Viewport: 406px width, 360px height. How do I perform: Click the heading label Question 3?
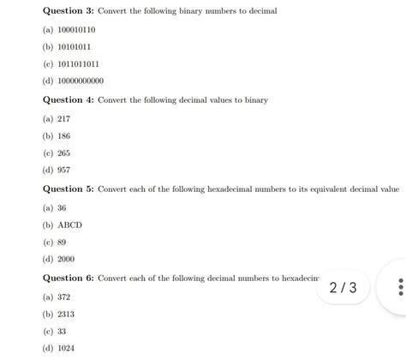click(x=69, y=11)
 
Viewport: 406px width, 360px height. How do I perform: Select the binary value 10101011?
click(x=74, y=46)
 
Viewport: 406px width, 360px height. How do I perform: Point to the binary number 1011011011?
click(x=78, y=63)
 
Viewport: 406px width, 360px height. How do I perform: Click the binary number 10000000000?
click(x=81, y=81)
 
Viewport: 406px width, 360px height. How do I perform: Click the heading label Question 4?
click(x=69, y=100)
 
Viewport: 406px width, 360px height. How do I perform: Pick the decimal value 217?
click(x=64, y=118)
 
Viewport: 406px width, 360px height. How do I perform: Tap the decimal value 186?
click(x=64, y=135)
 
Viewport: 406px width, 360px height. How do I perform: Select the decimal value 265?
click(x=64, y=153)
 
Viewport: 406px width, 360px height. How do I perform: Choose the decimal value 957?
click(x=64, y=170)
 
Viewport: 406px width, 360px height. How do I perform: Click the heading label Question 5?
click(x=69, y=189)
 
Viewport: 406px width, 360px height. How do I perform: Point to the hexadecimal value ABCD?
click(x=70, y=225)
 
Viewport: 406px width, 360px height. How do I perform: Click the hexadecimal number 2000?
click(x=66, y=259)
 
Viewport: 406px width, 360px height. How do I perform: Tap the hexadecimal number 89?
click(x=62, y=242)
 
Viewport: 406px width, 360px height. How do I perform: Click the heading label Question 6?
click(x=69, y=279)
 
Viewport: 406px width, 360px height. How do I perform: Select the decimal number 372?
click(x=64, y=297)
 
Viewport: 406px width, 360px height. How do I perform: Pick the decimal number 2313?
click(x=66, y=314)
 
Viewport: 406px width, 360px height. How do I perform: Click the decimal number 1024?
click(x=66, y=348)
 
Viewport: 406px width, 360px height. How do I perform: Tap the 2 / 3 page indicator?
click(x=343, y=287)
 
